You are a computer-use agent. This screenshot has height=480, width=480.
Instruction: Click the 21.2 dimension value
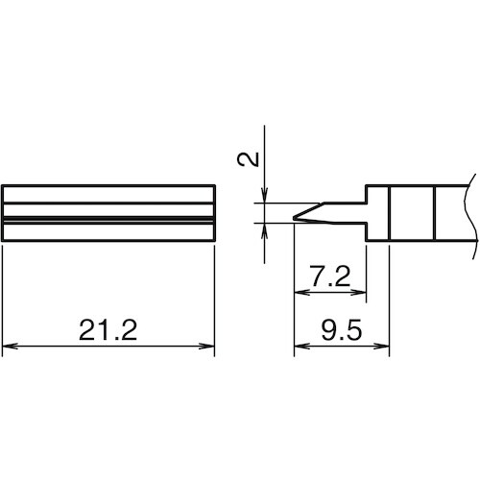108,330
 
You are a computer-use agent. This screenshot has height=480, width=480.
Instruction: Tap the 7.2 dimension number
330,276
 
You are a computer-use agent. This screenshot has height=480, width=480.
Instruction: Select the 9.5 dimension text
342,330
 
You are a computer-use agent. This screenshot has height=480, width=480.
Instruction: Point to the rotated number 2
248,159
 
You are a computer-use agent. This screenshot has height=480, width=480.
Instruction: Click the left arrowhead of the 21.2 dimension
10,346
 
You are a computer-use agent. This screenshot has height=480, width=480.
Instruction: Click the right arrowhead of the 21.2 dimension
206,346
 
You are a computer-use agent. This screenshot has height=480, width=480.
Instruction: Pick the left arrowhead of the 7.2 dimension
301,292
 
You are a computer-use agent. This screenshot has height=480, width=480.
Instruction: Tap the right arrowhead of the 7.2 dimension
358,292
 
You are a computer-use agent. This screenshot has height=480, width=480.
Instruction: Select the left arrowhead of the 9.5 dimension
301,346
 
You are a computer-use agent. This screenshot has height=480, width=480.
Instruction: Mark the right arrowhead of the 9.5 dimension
381,346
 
